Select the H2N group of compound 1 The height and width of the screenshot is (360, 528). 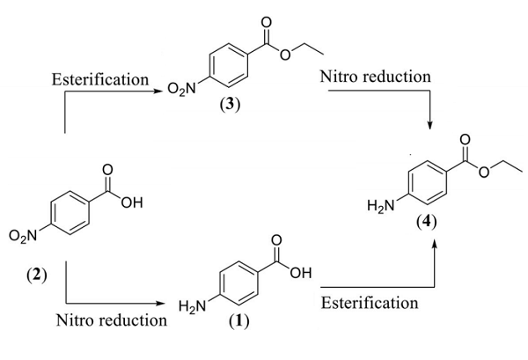(193, 305)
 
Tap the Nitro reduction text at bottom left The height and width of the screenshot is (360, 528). (111, 320)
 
